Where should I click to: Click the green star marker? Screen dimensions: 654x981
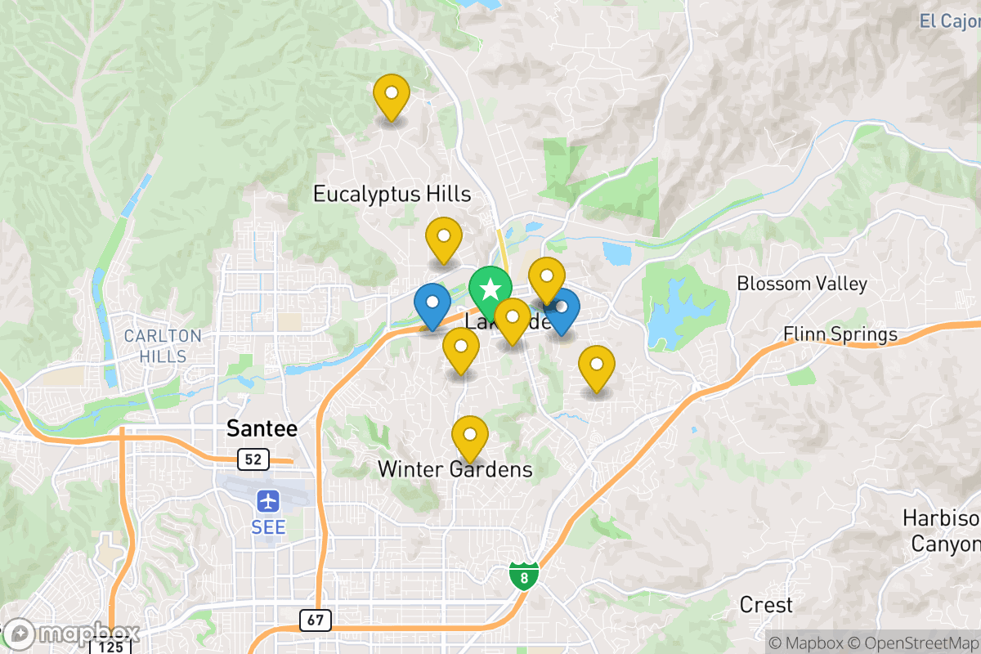[x=490, y=290]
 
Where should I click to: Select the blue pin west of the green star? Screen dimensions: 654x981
[x=432, y=304]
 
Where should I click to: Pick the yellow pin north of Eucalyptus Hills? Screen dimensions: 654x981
[x=392, y=96]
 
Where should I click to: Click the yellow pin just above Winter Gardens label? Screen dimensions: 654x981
[x=470, y=437]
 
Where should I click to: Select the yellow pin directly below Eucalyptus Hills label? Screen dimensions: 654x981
[x=444, y=239]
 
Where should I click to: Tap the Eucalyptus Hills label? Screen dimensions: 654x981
[x=392, y=194]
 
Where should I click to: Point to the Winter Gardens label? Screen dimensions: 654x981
[x=455, y=469]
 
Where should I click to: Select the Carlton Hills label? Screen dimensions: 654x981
[x=163, y=346]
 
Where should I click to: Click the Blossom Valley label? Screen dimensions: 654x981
[x=801, y=284]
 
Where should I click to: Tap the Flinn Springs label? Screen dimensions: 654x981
[x=840, y=334]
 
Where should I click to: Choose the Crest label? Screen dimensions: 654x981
[x=766, y=605]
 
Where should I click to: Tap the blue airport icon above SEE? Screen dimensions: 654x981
[x=268, y=499]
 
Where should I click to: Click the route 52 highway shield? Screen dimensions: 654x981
[x=253, y=460]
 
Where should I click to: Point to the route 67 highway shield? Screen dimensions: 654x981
[x=316, y=620]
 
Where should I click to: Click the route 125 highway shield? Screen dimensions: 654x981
[x=112, y=647]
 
